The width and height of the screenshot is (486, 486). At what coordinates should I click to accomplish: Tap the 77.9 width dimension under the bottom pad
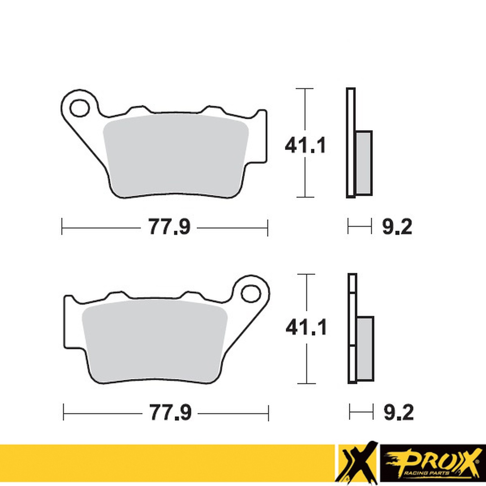click(170, 412)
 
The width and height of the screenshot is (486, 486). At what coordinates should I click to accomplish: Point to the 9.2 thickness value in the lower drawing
click(398, 412)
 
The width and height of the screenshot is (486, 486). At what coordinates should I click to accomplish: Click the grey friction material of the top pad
click(175, 155)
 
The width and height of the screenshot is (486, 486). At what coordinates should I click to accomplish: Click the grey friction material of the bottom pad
click(155, 340)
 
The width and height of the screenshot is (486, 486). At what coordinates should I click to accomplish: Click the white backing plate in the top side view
click(351, 142)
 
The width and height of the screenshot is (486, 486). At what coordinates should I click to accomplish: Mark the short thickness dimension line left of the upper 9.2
click(360, 227)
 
